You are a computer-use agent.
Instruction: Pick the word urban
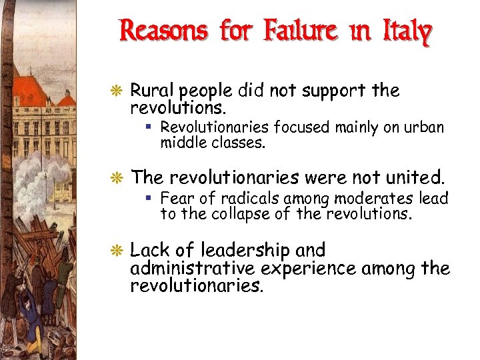pyautogui.click(x=425, y=127)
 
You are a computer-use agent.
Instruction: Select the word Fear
pyautogui.click(x=175, y=198)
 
